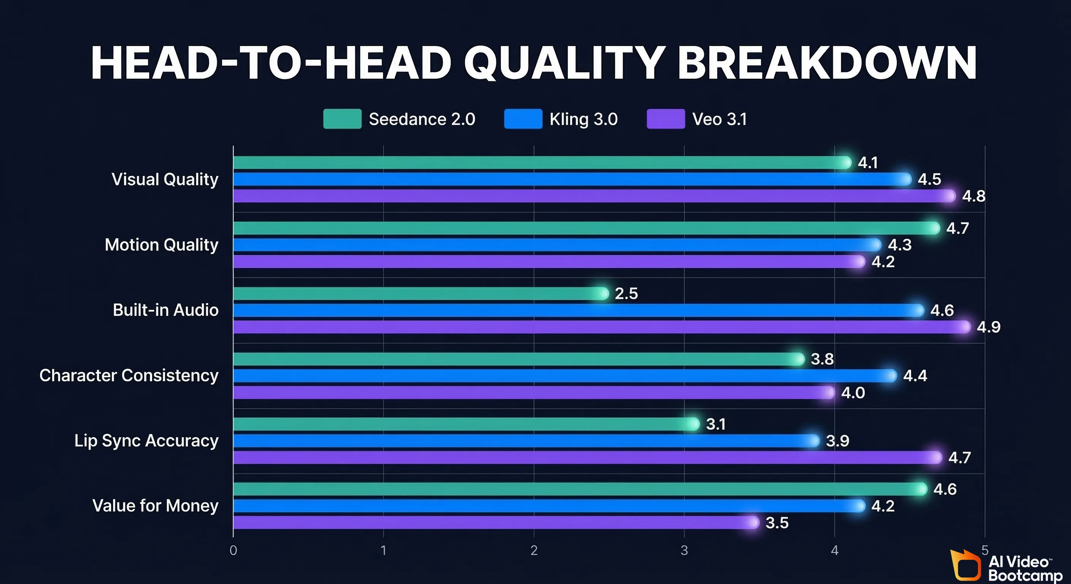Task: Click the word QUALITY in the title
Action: [566, 63]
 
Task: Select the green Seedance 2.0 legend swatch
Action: [342, 119]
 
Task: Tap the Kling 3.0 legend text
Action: [583, 119]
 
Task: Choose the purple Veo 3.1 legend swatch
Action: [666, 119]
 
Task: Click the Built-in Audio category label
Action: [165, 310]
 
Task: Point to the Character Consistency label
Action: [129, 375]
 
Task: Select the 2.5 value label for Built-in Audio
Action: [626, 294]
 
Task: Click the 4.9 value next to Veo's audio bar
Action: [988, 327]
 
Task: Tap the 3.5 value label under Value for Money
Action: [777, 523]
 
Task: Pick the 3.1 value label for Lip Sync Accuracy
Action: [715, 424]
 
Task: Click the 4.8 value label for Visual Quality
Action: [973, 196]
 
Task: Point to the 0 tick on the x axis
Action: [233, 550]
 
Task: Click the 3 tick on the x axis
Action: [684, 550]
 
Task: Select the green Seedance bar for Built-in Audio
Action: [416, 294]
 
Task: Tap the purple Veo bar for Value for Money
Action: [491, 522]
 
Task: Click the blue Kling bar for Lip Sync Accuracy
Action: [520, 441]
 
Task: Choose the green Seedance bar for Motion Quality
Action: [582, 228]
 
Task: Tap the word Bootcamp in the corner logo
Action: [1025, 576]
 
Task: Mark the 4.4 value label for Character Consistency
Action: [915, 376]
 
